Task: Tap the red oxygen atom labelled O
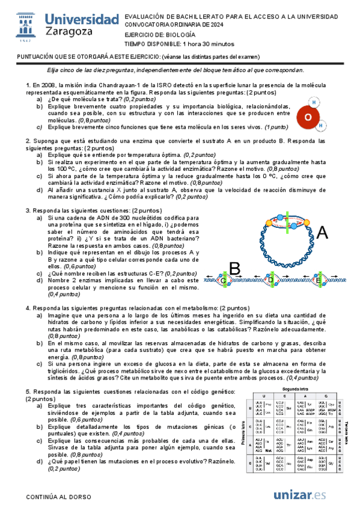[308, 117]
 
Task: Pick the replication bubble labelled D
[270, 280]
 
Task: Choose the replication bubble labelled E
[318, 280]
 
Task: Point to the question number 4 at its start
[28, 308]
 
